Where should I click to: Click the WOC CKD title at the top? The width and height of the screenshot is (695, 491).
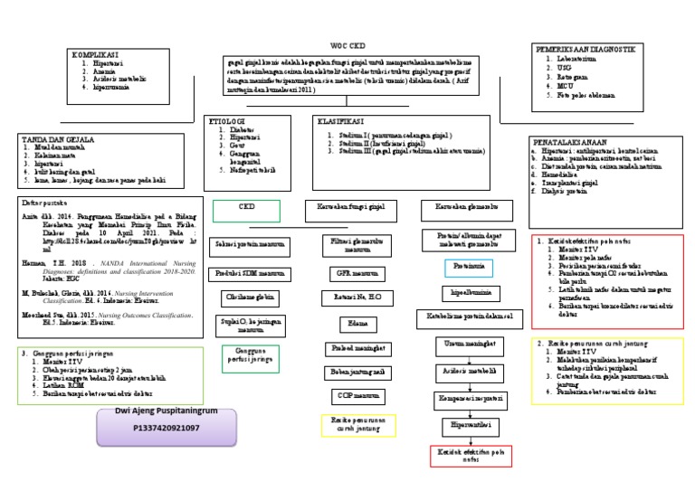pos(348,44)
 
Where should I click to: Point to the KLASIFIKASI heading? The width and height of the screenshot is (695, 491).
pos(341,120)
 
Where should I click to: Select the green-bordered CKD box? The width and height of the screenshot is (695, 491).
pos(247,212)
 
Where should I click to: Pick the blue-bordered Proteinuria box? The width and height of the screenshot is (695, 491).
pos(469,267)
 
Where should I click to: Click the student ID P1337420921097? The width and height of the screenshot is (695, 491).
pos(166,427)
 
